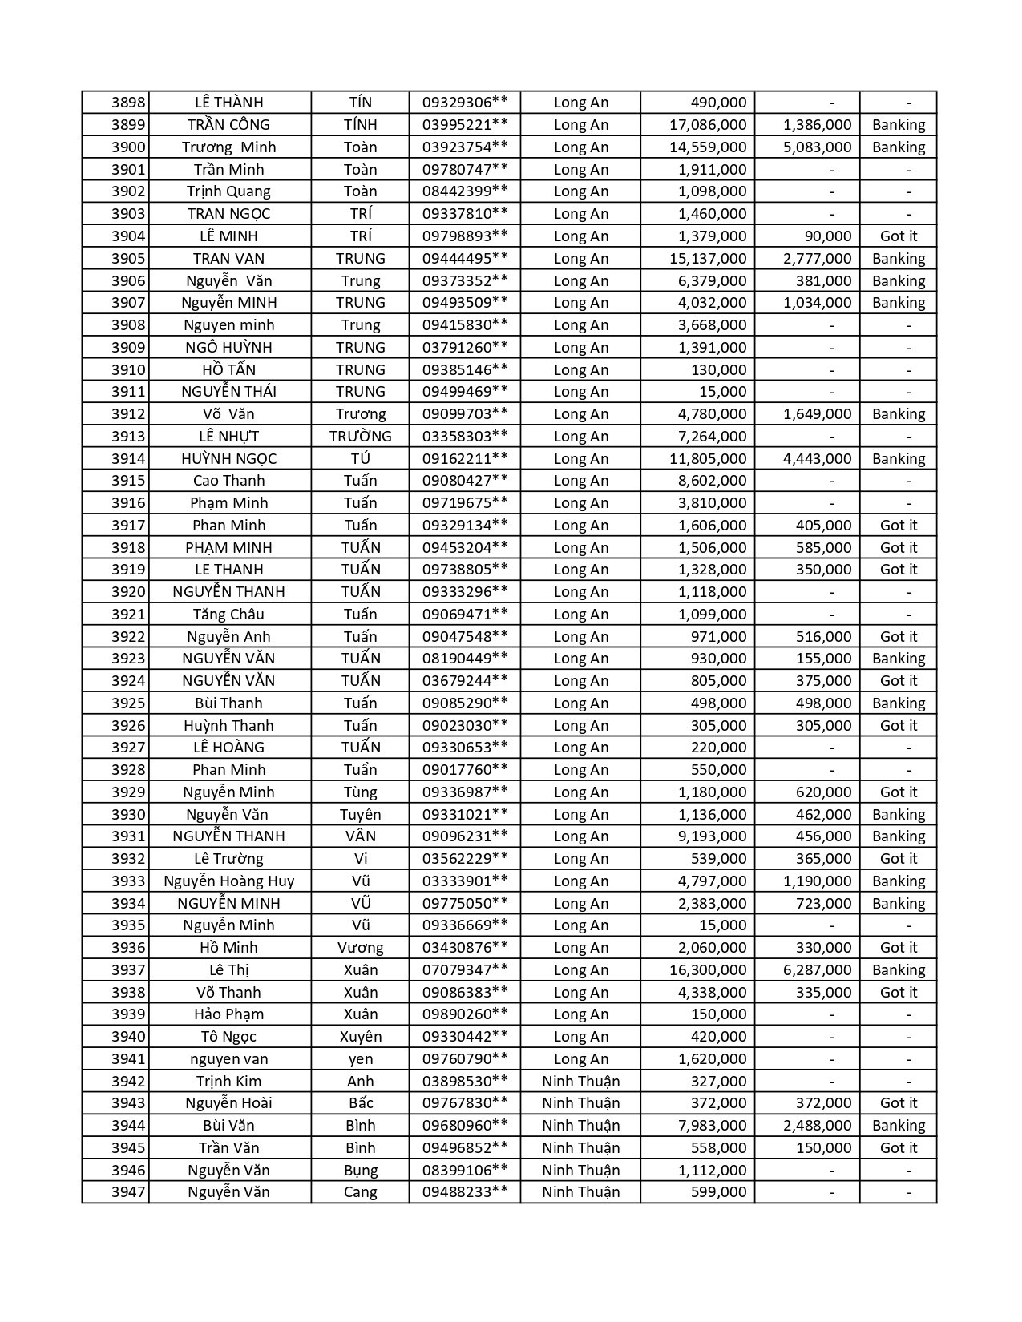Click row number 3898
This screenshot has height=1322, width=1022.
pyautogui.click(x=128, y=103)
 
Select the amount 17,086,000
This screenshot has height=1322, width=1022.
pyautogui.click(x=708, y=125)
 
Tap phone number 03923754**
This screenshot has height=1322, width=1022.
pyautogui.click(x=465, y=147)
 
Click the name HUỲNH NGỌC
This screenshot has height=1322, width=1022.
pyautogui.click(x=228, y=459)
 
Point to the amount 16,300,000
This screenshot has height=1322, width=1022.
pyautogui.click(x=708, y=970)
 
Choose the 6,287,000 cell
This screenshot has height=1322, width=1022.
pyautogui.click(x=817, y=970)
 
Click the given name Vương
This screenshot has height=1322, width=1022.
pyautogui.click(x=361, y=948)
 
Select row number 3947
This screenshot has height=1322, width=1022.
pyautogui.click(x=128, y=1192)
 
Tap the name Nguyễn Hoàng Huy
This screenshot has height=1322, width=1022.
pyautogui.click(x=228, y=881)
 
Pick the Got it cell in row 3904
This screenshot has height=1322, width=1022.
pyautogui.click(x=899, y=236)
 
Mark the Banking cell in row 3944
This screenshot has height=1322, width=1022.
pyautogui.click(x=899, y=1126)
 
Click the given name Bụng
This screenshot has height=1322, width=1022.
pyautogui.click(x=361, y=1171)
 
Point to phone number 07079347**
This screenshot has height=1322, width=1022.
pyautogui.click(x=465, y=970)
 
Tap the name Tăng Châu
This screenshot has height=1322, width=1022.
pyautogui.click(x=228, y=615)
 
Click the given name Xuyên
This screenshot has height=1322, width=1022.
pyautogui.click(x=361, y=1037)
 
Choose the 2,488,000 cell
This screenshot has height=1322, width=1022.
pyautogui.click(x=817, y=1126)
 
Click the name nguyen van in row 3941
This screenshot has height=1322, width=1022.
pyautogui.click(x=228, y=1059)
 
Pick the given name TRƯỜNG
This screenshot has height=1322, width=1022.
pyautogui.click(x=361, y=437)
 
